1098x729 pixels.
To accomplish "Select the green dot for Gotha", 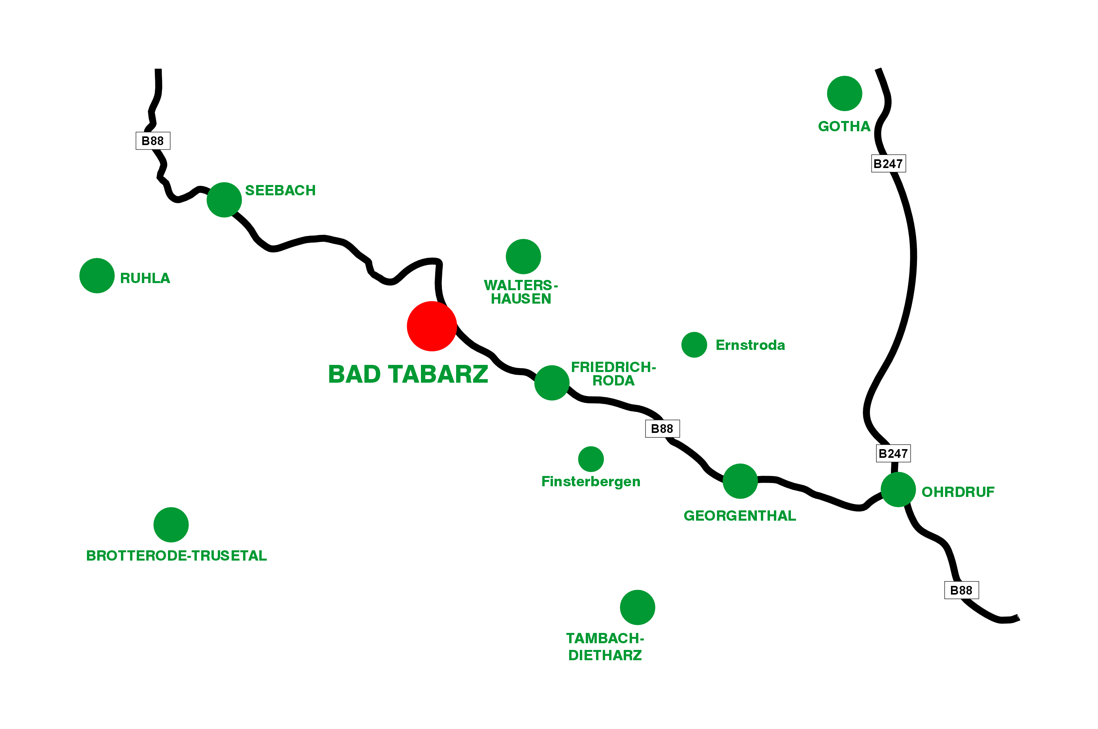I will [x=844, y=93].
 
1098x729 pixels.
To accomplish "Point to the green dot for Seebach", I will [x=224, y=200].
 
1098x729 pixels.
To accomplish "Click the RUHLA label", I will [x=145, y=278].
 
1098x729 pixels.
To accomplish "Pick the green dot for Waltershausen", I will [x=523, y=257].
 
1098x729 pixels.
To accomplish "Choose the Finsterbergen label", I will [x=591, y=481].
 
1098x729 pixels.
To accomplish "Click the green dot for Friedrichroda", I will [x=551, y=383].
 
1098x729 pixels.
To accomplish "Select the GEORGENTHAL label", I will [x=739, y=516].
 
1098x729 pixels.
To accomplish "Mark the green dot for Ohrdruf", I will [x=898, y=489].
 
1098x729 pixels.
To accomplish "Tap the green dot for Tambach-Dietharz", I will [x=637, y=607].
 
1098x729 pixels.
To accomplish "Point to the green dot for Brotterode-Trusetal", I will [x=171, y=525].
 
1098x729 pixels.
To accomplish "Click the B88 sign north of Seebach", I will [x=153, y=141].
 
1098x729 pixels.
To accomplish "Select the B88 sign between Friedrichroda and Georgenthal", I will [x=662, y=429].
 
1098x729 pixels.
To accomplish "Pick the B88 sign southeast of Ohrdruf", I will [x=961, y=591].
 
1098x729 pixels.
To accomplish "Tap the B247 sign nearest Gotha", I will [x=888, y=164].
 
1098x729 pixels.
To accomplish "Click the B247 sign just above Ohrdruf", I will [x=892, y=453].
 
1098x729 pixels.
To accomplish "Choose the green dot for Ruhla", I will [x=97, y=276].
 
